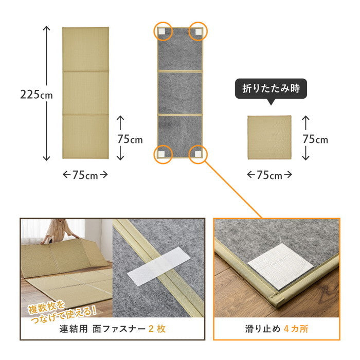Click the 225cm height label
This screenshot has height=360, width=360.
(37, 94)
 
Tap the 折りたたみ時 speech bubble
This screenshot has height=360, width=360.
(271, 88)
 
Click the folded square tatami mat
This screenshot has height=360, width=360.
(269, 138)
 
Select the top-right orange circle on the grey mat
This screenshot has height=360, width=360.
(197, 32)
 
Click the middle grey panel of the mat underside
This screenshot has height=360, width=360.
(179, 92)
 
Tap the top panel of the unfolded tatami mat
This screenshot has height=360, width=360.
(85, 49)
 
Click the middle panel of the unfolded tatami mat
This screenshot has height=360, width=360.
(85, 93)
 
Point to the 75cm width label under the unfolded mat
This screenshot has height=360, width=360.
(85, 175)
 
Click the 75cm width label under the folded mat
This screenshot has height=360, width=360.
(269, 175)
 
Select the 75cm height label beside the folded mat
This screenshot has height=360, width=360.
(315, 139)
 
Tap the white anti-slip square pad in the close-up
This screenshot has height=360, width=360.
(280, 265)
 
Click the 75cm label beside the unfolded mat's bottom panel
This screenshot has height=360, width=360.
(130, 139)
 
